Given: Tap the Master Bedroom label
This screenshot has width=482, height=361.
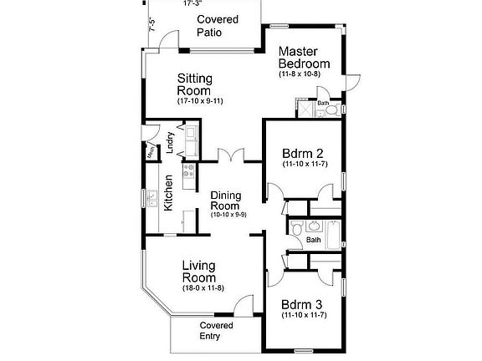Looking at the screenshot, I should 304,58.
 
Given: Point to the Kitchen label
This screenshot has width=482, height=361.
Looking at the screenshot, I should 169,192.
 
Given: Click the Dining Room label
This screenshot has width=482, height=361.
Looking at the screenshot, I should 226,201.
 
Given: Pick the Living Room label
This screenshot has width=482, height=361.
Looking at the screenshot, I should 199,272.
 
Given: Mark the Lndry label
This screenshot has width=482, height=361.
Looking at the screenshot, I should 170,144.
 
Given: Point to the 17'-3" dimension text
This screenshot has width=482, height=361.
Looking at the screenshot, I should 192,3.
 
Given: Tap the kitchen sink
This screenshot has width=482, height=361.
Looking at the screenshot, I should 153,199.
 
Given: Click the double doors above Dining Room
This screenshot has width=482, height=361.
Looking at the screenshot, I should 231,155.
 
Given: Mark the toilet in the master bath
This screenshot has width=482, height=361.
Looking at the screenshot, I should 331,109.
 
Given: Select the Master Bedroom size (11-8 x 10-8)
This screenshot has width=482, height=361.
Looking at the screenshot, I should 300,74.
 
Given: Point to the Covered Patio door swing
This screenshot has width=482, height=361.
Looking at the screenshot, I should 169,41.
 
